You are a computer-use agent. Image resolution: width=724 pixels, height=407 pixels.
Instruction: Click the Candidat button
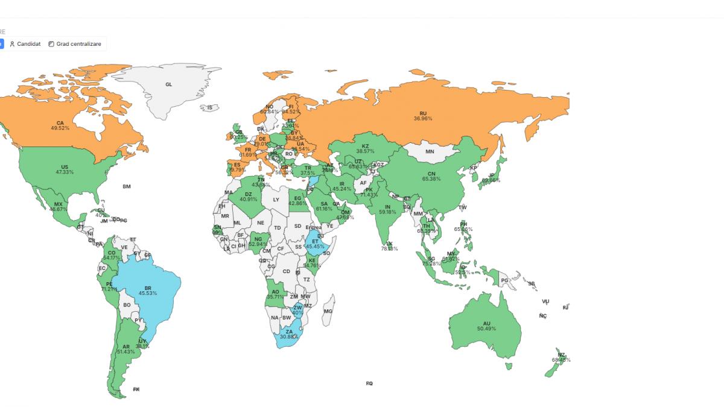tap(25, 44)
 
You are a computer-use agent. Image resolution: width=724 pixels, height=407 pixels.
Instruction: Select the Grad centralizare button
tap(76, 44)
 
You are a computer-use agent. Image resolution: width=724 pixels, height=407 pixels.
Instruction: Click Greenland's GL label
tap(168, 84)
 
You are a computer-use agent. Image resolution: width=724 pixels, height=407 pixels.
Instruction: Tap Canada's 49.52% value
tap(60, 128)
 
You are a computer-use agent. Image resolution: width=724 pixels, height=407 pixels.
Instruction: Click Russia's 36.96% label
tap(423, 119)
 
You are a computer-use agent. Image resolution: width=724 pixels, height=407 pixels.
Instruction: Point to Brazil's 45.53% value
tap(147, 293)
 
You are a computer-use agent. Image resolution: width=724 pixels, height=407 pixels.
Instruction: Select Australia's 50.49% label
tap(486, 329)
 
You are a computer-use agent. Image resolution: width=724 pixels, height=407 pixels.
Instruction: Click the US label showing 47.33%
tap(65, 172)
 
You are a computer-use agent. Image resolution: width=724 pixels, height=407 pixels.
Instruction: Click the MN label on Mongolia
tap(430, 152)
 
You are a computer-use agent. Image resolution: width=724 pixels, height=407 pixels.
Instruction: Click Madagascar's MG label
tap(328, 311)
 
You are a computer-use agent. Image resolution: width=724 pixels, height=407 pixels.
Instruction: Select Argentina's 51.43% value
tap(125, 352)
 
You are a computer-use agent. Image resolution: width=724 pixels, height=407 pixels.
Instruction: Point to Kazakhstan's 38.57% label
tap(365, 151)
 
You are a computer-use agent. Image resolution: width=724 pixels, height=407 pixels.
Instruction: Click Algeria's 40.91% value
tap(249, 199)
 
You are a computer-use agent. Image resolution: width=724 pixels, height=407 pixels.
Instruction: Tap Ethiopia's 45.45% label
tap(315, 246)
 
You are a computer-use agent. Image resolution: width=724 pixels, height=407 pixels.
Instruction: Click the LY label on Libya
tap(276, 200)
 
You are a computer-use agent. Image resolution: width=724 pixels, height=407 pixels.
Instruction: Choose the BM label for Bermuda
tap(127, 187)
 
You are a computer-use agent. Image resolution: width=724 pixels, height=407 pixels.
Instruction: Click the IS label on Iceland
tap(210, 108)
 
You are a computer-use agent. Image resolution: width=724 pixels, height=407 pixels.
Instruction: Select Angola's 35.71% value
tap(275, 297)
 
